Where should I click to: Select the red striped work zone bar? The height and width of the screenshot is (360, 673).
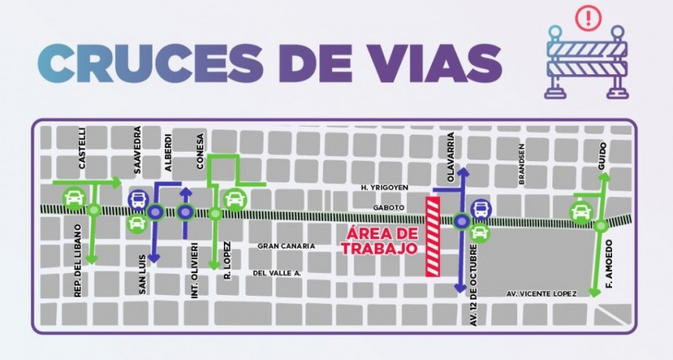click(x=432, y=236)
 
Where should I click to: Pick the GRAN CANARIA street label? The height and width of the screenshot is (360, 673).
click(x=286, y=247)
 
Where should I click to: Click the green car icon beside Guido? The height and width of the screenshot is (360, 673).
click(x=581, y=212)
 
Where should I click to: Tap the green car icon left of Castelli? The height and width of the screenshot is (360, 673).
click(x=74, y=197)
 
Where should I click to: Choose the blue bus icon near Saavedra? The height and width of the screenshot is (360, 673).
click(x=136, y=200)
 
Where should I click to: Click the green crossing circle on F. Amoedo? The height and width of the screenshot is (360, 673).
click(x=600, y=225)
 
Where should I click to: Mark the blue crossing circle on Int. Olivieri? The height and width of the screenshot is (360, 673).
click(x=185, y=211)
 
